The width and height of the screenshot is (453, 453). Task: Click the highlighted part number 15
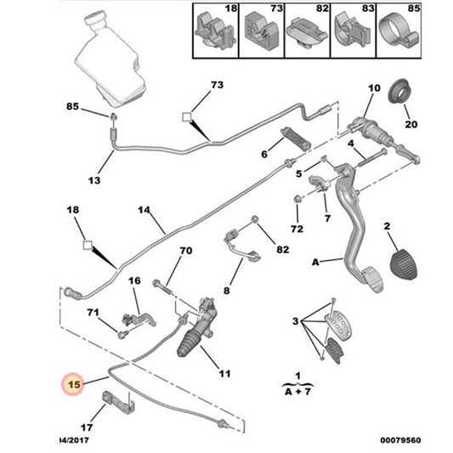click(74, 384)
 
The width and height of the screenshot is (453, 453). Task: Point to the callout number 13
click(94, 181)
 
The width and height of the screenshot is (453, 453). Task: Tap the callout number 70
click(185, 252)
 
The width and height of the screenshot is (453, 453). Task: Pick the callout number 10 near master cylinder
click(374, 88)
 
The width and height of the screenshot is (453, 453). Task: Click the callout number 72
click(297, 230)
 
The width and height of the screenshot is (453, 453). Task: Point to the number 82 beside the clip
click(283, 249)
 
